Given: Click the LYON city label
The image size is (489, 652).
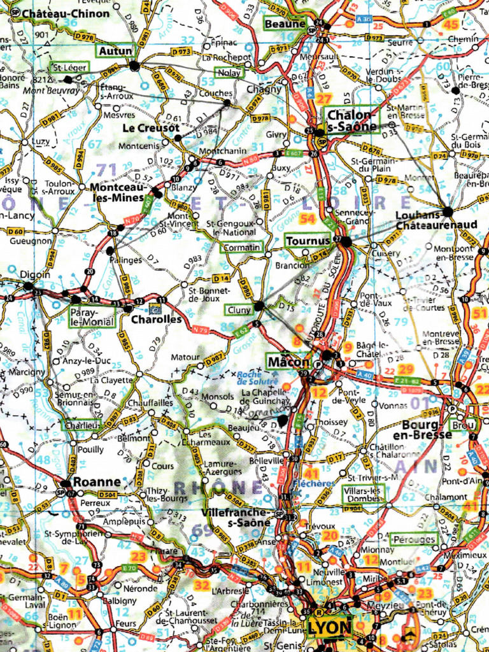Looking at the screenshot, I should pos(329,627).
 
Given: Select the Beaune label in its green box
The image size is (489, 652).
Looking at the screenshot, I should pos(285,24).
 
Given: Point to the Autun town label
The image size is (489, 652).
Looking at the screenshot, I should pos(115,51).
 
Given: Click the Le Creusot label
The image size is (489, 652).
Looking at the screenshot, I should pos(150,128).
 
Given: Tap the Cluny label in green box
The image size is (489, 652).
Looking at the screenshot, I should pos(238,310).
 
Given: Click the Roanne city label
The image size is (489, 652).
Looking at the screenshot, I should pos(96,481).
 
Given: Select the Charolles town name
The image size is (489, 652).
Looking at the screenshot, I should pos(156,319).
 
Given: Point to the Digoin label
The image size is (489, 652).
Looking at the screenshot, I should pos(35,274).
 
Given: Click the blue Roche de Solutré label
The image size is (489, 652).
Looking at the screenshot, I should pos(259,377).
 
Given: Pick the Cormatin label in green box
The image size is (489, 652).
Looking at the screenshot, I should pos(242,247).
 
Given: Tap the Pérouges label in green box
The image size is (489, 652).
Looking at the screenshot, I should pos(414,539).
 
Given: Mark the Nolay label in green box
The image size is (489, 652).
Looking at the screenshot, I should pos(229,73).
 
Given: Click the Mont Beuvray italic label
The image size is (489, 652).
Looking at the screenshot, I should pos(52,90).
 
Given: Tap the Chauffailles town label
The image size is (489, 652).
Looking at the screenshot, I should pos(150,402).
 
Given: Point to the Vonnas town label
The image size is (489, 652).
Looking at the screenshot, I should pos(393,405).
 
